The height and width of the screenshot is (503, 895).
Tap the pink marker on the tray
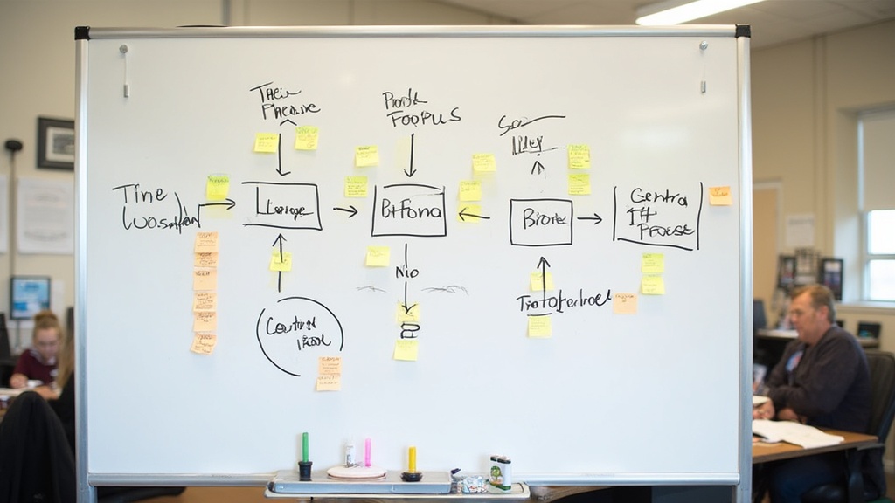[x=368, y=452]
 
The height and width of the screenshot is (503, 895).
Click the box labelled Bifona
[x=408, y=210]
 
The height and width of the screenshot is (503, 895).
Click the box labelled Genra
[x=657, y=216]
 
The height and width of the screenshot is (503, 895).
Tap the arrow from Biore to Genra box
[x=590, y=218]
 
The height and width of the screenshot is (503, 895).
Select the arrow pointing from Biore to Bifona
[x=474, y=214]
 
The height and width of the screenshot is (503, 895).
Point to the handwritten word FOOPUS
[x=424, y=117]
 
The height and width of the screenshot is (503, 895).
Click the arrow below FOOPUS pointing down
[x=410, y=155]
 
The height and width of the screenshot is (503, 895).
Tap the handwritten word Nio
[x=406, y=272]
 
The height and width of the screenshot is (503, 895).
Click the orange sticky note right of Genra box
[x=719, y=196]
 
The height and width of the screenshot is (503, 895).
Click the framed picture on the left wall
[x=55, y=142]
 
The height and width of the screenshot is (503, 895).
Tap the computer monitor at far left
[x=30, y=297]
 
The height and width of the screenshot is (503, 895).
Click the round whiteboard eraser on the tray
[x=356, y=472]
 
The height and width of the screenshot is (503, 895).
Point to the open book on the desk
[x=796, y=432]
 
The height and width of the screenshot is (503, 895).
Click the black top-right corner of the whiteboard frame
[x=742, y=31]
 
